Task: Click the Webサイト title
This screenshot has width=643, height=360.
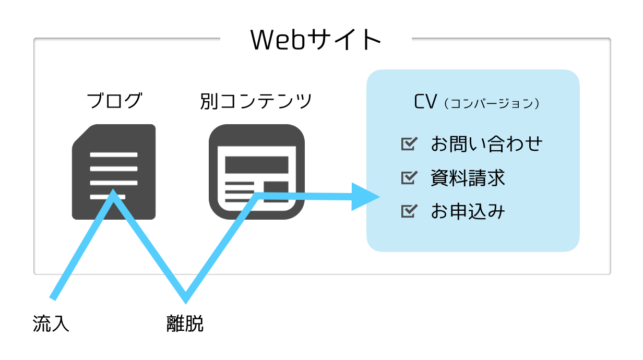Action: point(315,40)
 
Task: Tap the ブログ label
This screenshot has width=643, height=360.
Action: point(114,100)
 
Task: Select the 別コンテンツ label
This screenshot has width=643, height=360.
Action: point(256,101)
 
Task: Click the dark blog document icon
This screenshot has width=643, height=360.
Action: point(114,172)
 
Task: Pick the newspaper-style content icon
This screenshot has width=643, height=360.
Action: point(257,172)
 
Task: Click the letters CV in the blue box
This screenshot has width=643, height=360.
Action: point(425,102)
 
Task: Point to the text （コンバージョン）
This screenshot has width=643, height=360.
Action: point(492,103)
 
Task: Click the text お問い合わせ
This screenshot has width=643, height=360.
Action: point(486,143)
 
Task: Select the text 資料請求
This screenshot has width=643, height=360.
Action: point(468,177)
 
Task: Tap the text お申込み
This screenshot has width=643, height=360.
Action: point(468,211)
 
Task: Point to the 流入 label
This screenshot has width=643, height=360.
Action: point(51,323)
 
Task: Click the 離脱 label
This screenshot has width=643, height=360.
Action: point(185,323)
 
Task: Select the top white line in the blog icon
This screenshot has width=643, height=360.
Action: point(114,155)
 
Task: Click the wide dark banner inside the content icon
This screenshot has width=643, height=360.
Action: point(257,165)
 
